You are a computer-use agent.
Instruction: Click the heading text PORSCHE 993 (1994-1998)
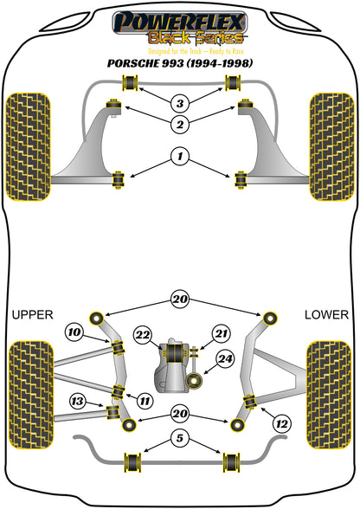click(x=180, y=63)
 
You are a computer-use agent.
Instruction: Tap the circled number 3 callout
click(x=180, y=104)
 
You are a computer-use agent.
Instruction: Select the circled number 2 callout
click(x=180, y=124)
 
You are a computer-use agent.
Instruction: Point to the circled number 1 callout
click(x=180, y=157)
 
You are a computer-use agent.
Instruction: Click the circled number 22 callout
click(x=143, y=335)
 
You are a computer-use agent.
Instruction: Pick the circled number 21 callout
click(x=222, y=334)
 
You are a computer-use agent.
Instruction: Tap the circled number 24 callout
click(x=226, y=359)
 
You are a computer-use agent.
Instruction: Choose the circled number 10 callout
click(x=74, y=332)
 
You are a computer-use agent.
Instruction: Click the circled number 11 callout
click(x=145, y=402)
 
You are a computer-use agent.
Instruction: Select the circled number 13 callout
click(x=78, y=402)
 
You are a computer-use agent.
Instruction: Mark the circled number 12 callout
click(x=282, y=424)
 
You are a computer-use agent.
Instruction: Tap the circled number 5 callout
click(x=180, y=438)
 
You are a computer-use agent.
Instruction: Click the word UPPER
click(x=33, y=315)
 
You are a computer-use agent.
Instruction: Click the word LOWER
click(x=326, y=315)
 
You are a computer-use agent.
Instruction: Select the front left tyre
click(x=29, y=147)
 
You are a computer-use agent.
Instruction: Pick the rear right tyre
click(x=329, y=395)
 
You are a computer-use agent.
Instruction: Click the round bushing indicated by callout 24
click(x=195, y=381)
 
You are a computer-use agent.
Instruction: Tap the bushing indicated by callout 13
click(x=113, y=412)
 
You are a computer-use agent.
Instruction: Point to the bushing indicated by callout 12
click(x=250, y=402)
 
